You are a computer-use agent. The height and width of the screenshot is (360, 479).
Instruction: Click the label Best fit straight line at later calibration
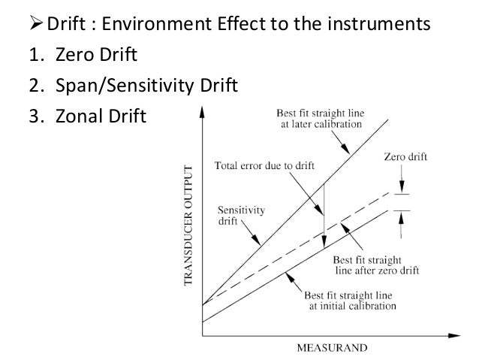point(319,119)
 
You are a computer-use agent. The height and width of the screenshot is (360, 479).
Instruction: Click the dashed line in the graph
point(300,244)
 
